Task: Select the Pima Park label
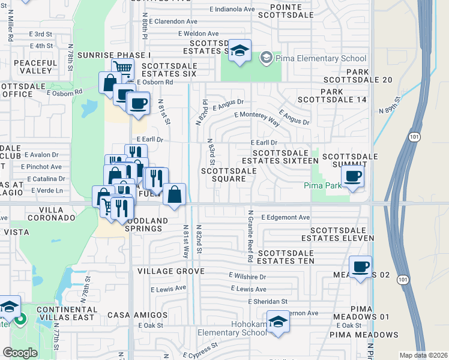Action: [x=322, y=186]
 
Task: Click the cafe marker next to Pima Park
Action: [x=352, y=176]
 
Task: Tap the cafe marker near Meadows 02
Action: [x=360, y=267]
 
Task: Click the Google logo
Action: [x=20, y=352]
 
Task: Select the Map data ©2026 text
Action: [x=423, y=355]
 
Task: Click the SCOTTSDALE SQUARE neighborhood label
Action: [x=229, y=175]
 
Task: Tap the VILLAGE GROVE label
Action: [x=167, y=271]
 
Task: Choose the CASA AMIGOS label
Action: [x=137, y=314]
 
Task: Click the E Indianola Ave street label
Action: [x=232, y=9]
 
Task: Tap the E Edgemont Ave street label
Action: [x=285, y=217]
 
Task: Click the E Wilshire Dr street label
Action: [x=247, y=277]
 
